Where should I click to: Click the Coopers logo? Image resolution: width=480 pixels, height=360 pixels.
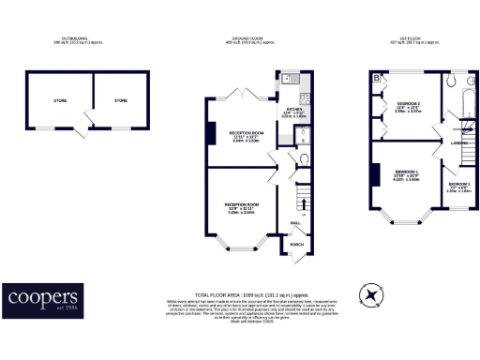[42, 298]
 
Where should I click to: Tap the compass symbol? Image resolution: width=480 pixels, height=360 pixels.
[375, 295]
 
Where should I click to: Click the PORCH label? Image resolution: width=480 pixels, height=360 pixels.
[296, 245]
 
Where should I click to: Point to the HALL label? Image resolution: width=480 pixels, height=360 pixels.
[294, 223]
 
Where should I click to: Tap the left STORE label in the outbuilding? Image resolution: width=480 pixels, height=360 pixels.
[61, 100]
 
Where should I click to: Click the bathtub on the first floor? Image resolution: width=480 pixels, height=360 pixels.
[460, 95]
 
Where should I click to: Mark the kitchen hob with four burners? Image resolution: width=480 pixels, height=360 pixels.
[304, 97]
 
